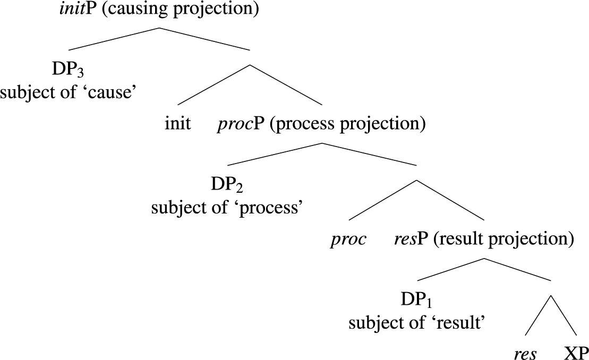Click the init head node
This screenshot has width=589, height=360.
click(178, 125)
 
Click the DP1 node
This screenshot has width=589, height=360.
click(417, 301)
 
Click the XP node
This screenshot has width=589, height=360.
click(576, 353)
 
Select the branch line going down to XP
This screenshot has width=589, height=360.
click(563, 315)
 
